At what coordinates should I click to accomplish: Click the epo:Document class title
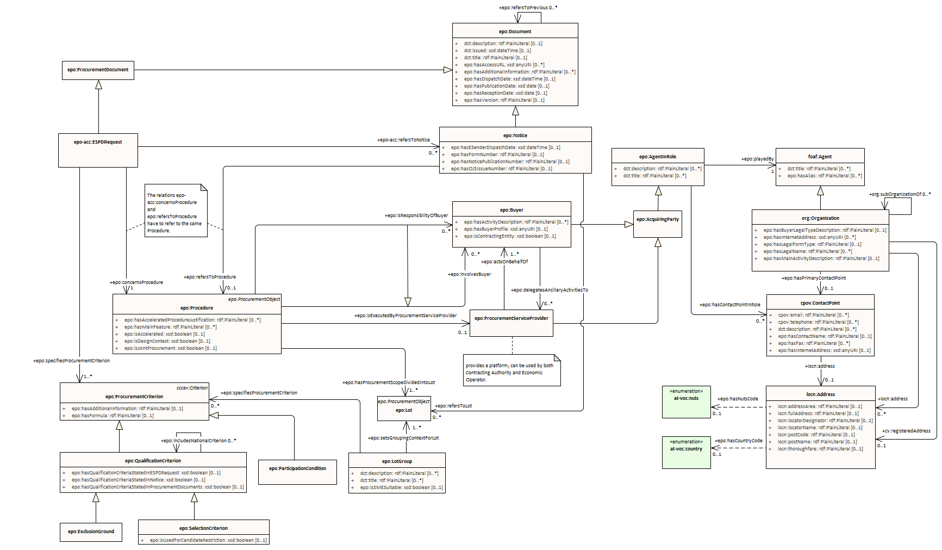(515, 32)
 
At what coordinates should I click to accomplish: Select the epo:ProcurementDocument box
(98, 70)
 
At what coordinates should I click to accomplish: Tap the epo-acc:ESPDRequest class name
(98, 142)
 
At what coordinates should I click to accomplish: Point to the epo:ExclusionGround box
(91, 532)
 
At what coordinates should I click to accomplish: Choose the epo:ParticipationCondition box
(297, 468)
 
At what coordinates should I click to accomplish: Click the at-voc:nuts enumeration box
(686, 402)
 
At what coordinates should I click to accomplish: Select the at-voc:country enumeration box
(686, 452)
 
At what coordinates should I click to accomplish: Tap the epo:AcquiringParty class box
(658, 220)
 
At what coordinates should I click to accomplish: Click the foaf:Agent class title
(820, 157)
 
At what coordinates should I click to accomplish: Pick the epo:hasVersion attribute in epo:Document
(504, 100)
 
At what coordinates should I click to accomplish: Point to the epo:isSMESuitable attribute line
(401, 487)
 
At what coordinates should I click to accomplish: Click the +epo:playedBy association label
(757, 159)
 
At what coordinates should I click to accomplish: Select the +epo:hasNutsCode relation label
(738, 399)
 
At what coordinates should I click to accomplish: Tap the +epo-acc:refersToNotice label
(403, 140)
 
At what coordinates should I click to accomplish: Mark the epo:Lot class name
(404, 410)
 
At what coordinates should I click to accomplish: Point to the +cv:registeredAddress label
(906, 431)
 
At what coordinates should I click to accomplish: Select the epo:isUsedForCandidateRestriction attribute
(208, 540)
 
